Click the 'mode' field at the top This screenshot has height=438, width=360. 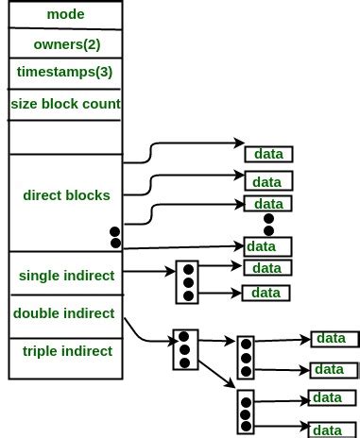63,15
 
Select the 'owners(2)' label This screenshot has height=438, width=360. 63,43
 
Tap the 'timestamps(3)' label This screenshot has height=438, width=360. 63,73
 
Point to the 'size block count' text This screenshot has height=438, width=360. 64,104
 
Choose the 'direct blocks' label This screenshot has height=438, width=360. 65,195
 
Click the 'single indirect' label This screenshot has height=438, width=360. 65,276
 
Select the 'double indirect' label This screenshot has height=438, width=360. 65,312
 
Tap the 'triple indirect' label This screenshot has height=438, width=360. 65,351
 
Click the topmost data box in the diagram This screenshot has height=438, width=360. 269,154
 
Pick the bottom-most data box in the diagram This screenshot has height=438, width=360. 328,430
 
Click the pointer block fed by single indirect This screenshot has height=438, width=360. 187,282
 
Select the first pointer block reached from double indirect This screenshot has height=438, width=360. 184,349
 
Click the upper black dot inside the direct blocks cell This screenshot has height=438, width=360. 115,231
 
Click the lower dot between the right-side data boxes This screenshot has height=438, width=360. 268,230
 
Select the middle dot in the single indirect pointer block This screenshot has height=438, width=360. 187,282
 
